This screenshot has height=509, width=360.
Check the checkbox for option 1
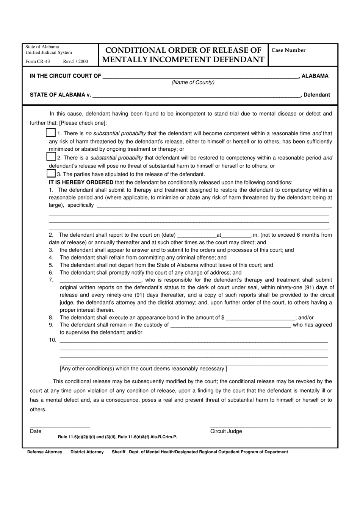[x=50, y=133]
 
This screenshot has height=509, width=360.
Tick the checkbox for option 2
[x=51, y=156]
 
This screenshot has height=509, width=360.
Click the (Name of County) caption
[x=193, y=83]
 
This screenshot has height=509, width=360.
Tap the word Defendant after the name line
[x=316, y=95]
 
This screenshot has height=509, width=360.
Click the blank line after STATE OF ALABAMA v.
[x=196, y=95]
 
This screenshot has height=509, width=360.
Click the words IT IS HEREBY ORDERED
[x=81, y=182]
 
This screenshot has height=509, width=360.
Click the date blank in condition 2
[x=196, y=235]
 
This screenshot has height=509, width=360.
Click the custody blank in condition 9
[x=230, y=325]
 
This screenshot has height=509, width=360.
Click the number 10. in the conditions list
[x=53, y=340]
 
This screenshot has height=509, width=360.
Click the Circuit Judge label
[x=226, y=431]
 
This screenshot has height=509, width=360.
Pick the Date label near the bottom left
[x=36, y=431]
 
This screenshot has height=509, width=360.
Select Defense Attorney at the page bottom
[x=45, y=452]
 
